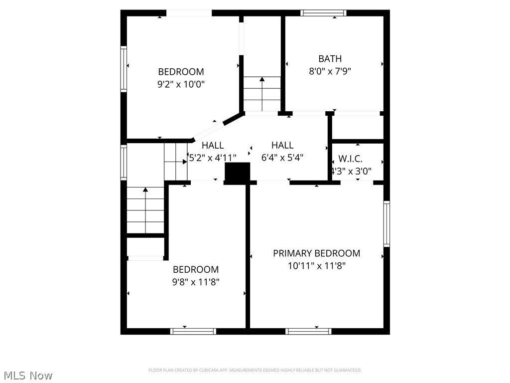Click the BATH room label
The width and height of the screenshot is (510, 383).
(x=330, y=59)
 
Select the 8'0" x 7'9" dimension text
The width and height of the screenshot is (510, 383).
(x=330, y=71)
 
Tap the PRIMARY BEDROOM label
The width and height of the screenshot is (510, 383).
(x=316, y=253)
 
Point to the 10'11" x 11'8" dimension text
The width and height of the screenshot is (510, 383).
(x=316, y=266)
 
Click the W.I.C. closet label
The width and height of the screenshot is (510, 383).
(x=351, y=159)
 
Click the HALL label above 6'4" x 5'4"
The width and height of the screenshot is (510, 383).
(x=282, y=145)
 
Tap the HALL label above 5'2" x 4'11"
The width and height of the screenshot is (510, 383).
(x=213, y=145)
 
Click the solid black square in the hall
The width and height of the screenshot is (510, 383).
(x=238, y=172)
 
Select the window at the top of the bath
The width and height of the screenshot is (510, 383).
(x=323, y=13)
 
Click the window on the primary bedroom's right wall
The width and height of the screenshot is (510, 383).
(x=386, y=223)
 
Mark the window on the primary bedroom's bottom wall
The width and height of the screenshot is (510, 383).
(x=308, y=331)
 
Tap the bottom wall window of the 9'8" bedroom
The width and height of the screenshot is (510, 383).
(x=193, y=331)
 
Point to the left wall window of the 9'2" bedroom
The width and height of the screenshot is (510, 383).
(x=124, y=69)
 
